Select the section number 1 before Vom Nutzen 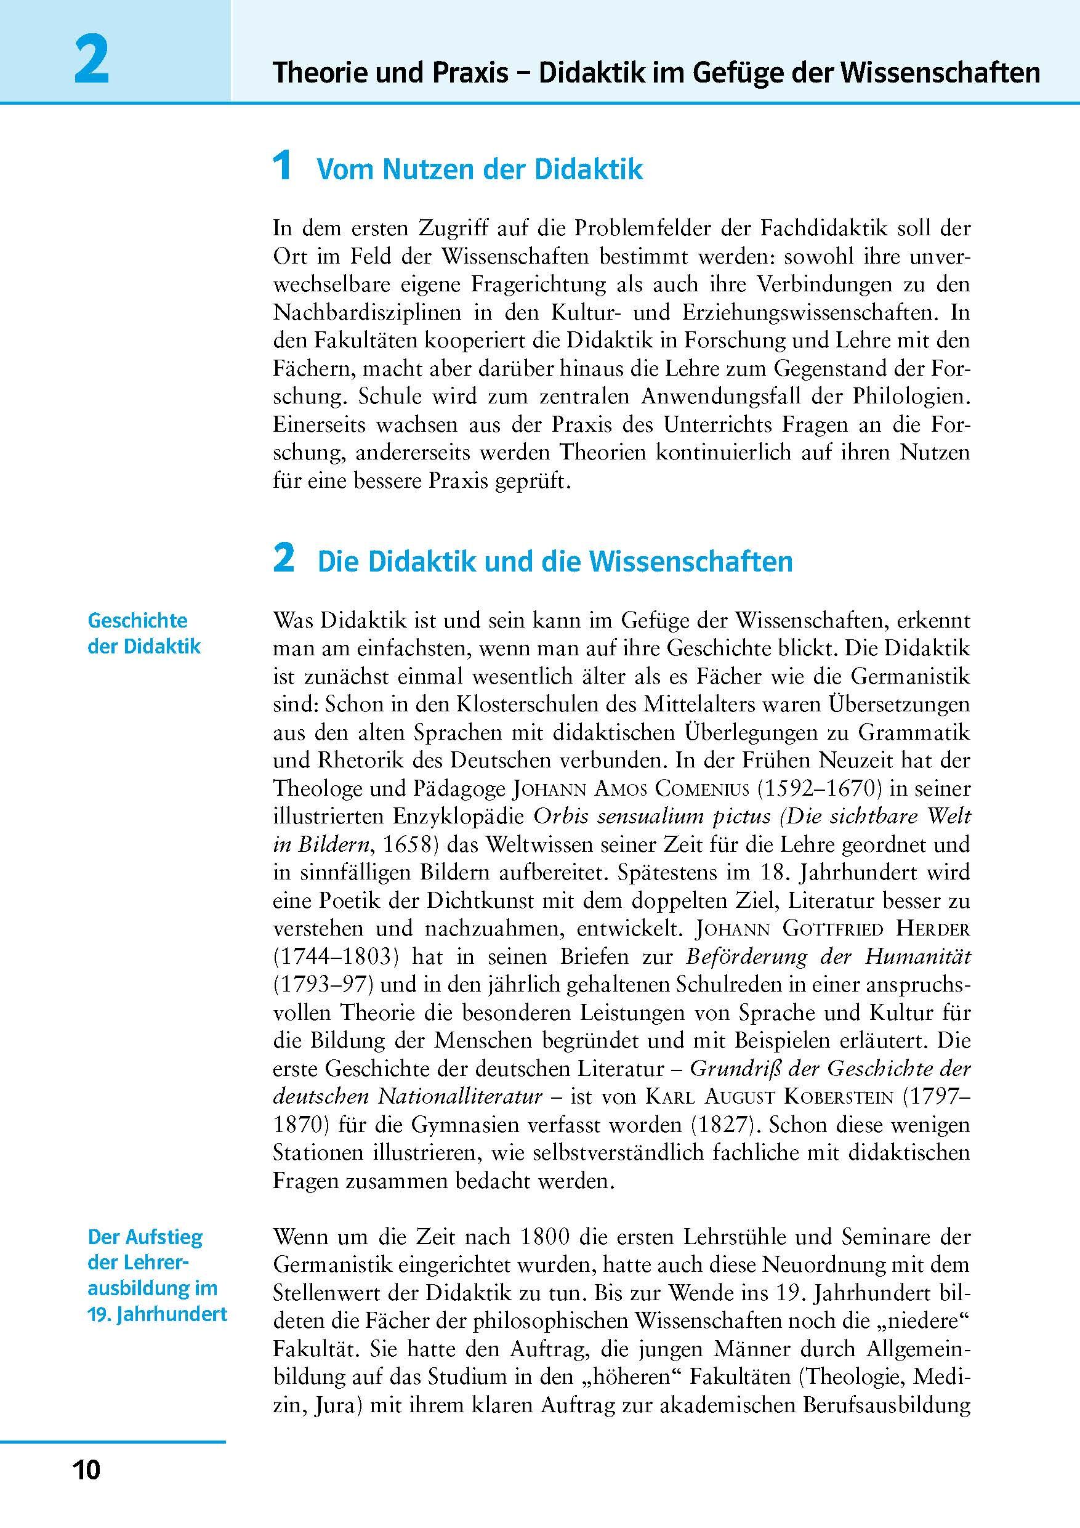click(283, 166)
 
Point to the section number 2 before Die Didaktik click(283, 559)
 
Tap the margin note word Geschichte click(138, 621)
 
